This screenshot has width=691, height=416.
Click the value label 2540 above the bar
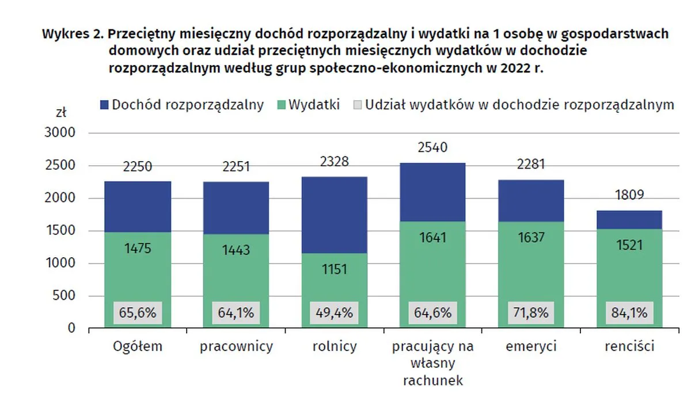point(432,148)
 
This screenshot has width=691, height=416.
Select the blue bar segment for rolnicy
point(334,214)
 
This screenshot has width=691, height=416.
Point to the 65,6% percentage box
point(137,314)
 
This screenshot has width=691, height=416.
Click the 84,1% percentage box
point(629,314)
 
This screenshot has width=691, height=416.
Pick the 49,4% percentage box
point(334,314)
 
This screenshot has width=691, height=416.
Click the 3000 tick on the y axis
point(60,133)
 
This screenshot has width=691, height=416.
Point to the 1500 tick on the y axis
point(60,231)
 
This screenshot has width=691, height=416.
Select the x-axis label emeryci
point(530,347)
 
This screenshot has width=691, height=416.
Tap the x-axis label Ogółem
point(137,347)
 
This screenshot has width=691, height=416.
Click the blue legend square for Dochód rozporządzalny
point(104,105)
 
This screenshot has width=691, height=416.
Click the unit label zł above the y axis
point(60,112)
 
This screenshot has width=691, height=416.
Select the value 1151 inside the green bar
point(334,269)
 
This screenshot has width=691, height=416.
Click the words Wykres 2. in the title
point(73,34)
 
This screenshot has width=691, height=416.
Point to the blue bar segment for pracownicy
point(236,208)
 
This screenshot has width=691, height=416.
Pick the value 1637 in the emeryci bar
point(530,237)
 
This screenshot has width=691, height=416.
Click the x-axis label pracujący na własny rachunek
point(432,363)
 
